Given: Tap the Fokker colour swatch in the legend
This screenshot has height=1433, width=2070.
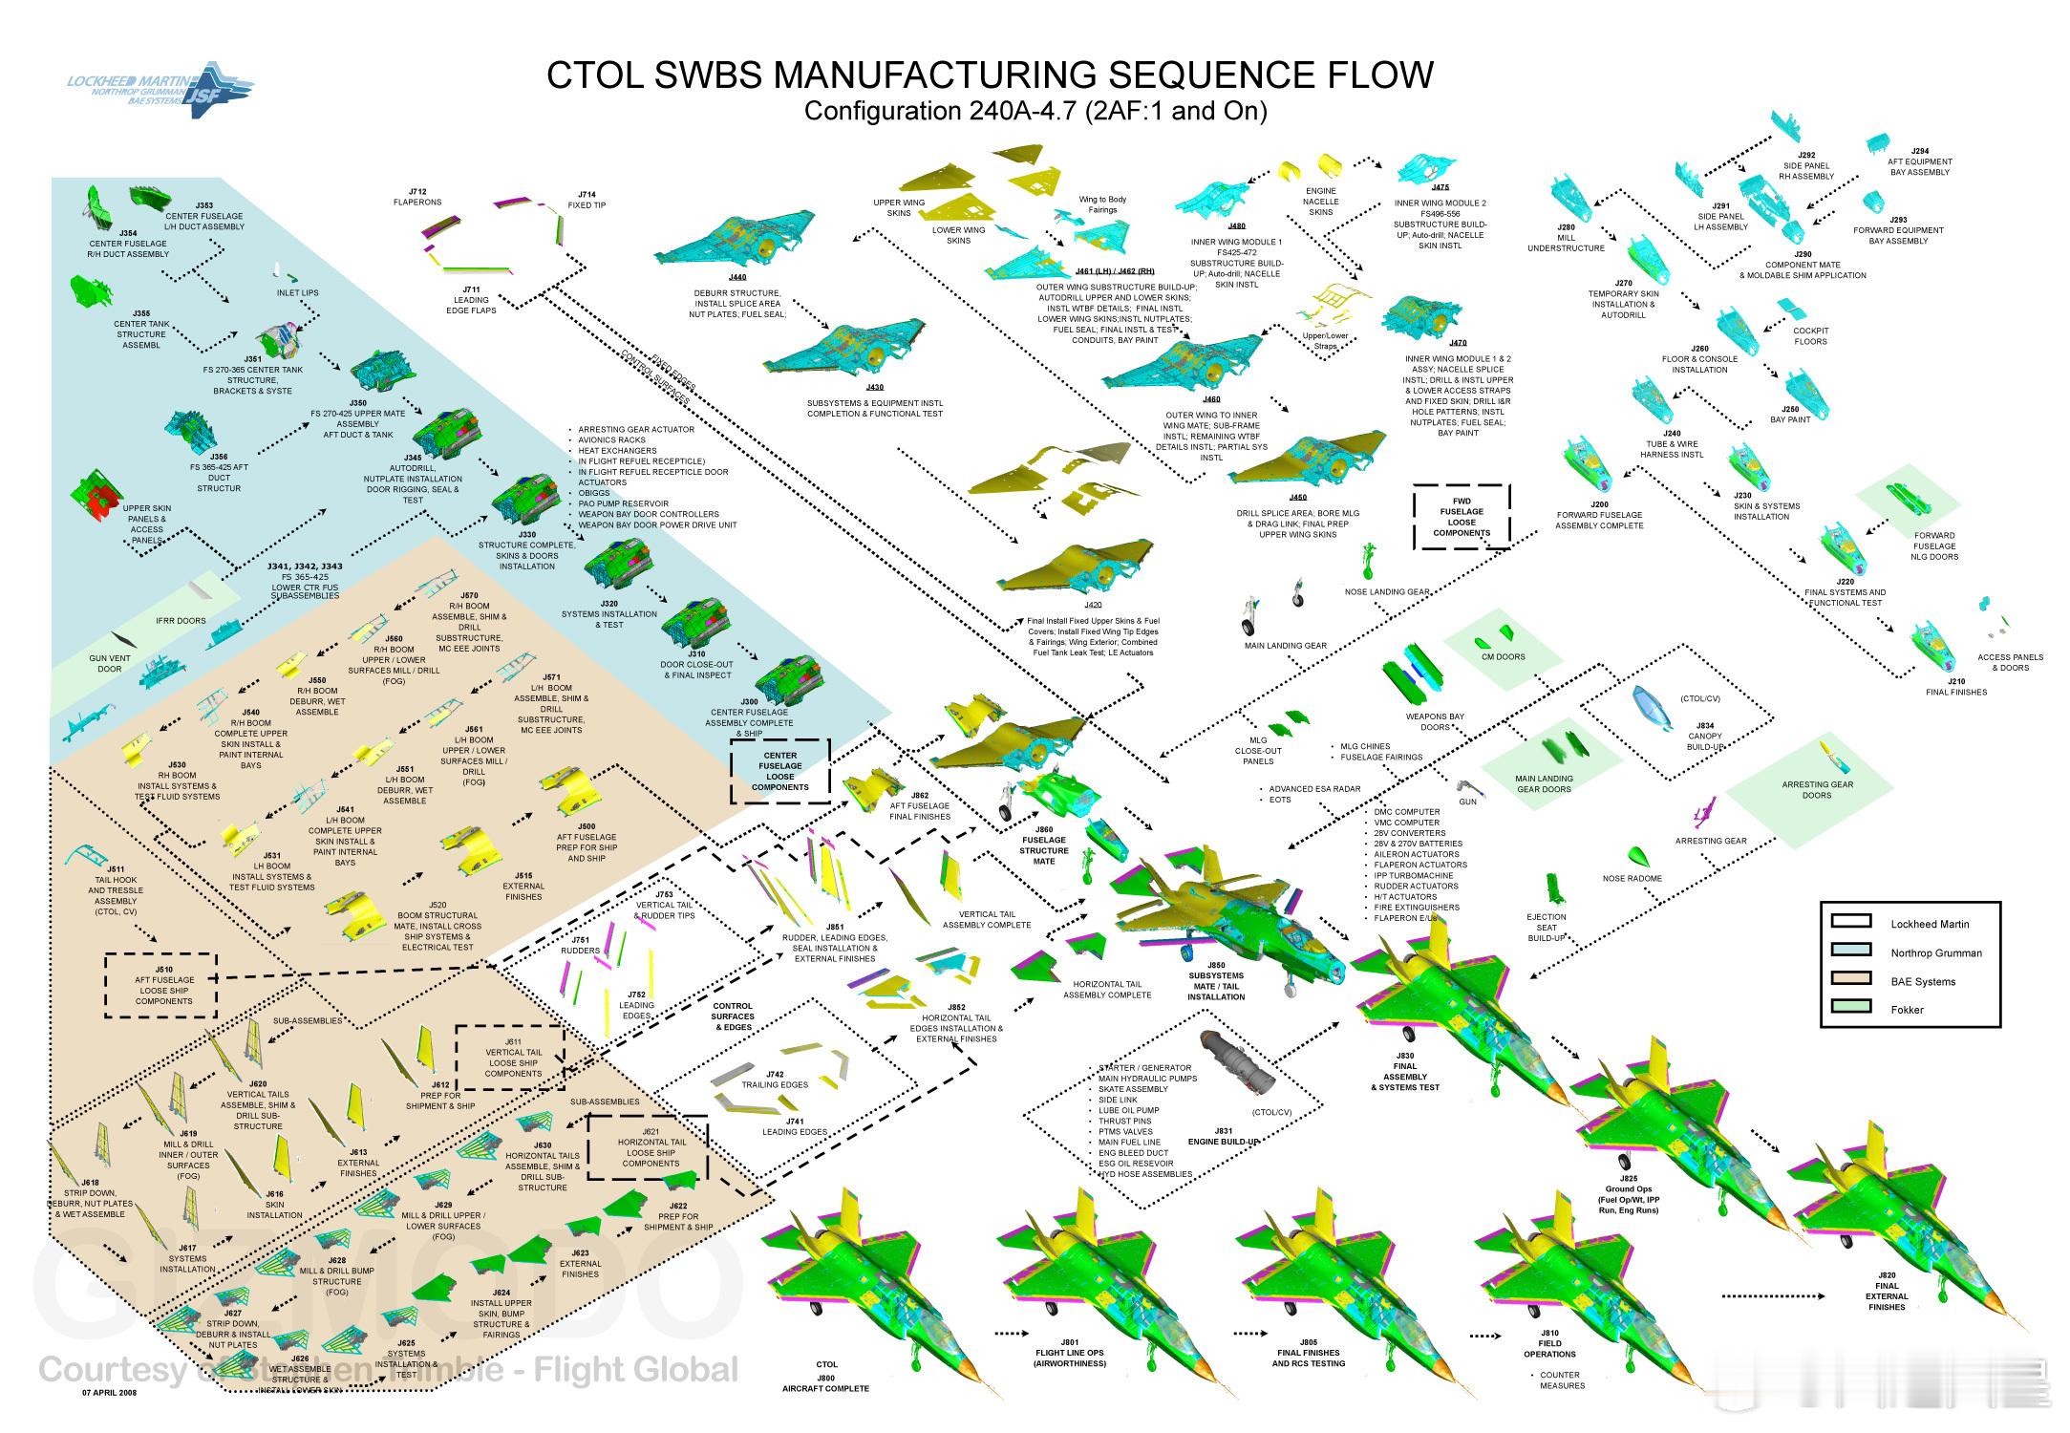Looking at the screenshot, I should (1850, 1006).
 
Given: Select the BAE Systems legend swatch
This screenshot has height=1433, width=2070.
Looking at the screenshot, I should (1850, 978).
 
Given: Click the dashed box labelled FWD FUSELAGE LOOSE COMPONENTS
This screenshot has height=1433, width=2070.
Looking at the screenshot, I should (1462, 516).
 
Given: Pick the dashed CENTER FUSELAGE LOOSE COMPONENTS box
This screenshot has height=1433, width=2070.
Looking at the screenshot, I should (780, 770).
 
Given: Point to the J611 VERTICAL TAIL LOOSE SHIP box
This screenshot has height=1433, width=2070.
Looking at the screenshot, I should (511, 1058).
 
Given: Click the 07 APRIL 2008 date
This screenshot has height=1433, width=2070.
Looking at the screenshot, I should (109, 1393).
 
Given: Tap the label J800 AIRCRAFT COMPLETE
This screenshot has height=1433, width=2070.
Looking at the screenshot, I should (826, 1377).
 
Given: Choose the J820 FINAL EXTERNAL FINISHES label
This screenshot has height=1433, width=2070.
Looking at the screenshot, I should (1886, 1291).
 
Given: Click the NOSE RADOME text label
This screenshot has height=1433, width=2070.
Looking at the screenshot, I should (1632, 879).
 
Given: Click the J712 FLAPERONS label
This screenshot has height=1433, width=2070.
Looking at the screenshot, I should (418, 197).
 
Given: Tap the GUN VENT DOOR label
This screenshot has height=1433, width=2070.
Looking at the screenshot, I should (110, 663).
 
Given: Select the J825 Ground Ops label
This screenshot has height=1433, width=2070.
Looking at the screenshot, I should (1628, 1194).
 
